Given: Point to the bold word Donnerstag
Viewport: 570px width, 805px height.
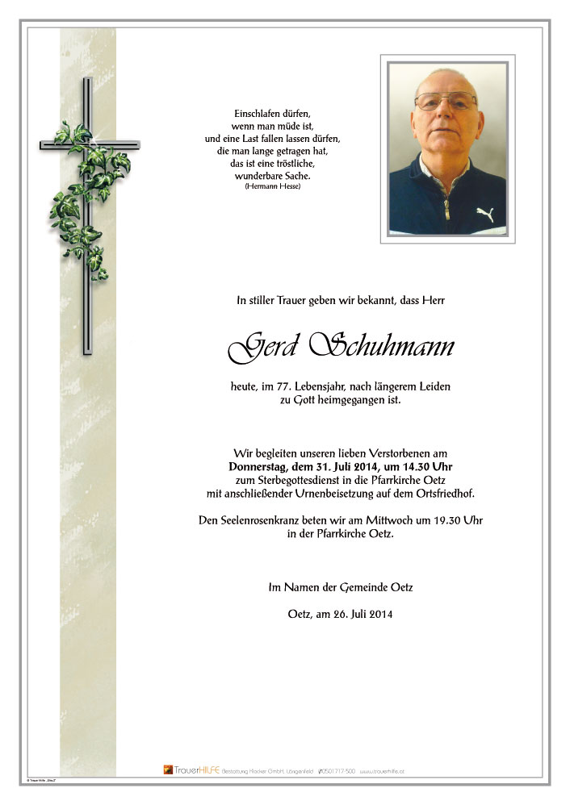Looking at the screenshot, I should click(x=258, y=468).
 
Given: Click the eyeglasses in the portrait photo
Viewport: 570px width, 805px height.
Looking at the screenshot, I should click(x=446, y=102).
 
